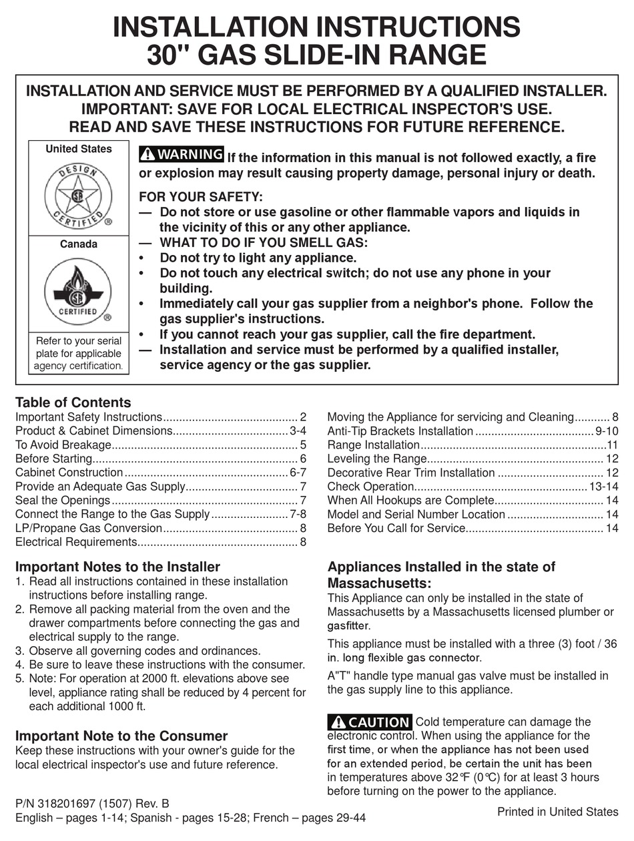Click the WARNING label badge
pos(182,154)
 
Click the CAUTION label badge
pos(370,722)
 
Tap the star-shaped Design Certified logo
pos(78,196)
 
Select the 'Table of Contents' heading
pos(73,402)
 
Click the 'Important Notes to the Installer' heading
pos(117,567)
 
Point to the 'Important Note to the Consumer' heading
pos(121,736)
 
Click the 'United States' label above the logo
pos(78,149)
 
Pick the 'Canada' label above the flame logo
pos(78,244)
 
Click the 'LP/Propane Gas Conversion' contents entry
pos(89,528)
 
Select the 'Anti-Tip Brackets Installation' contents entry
pos(400,431)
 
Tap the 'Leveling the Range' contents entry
pos(376,459)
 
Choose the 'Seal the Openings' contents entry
pos(62,500)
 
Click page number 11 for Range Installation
pos(613,445)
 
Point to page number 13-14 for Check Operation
pos(604,487)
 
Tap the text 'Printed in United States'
pos(558,812)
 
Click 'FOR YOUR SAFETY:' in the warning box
pos(201,197)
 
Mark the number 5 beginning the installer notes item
pos(19,678)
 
